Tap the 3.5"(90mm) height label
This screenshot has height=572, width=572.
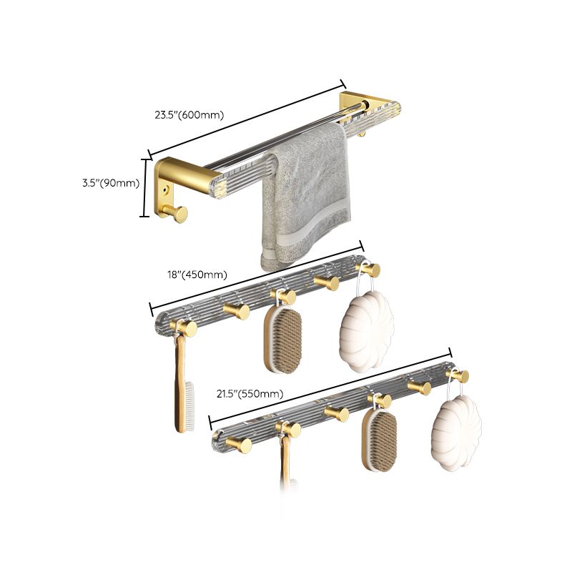click(x=110, y=183)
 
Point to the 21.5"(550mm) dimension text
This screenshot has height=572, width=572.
click(x=250, y=393)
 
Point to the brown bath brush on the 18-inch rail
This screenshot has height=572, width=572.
click(x=283, y=340)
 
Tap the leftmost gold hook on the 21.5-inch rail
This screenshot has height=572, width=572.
click(x=240, y=445)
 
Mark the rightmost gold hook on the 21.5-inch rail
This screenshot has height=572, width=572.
click(x=458, y=375)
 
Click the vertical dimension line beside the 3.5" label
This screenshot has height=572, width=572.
click(x=148, y=187)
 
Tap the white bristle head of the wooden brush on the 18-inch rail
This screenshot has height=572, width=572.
click(x=189, y=405)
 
